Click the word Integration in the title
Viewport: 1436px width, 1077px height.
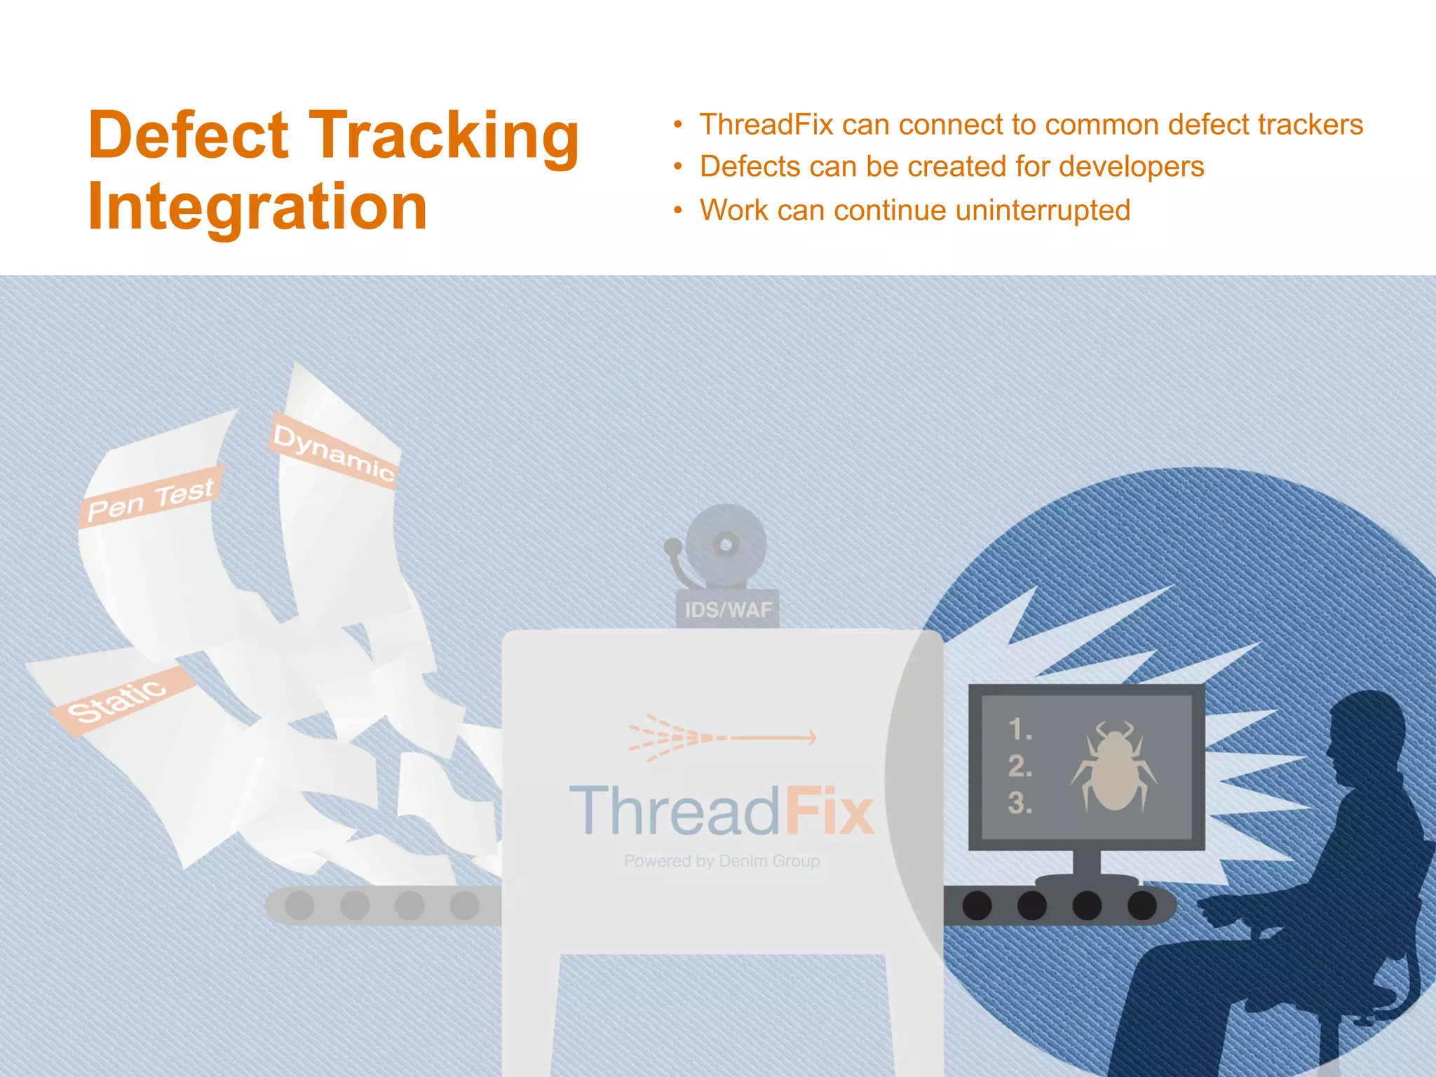pyautogui.click(x=257, y=207)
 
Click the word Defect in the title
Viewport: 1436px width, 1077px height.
pyautogui.click(x=188, y=135)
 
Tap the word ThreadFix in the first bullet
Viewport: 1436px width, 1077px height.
pyautogui.click(x=766, y=125)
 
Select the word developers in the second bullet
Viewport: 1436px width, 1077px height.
pyautogui.click(x=1131, y=167)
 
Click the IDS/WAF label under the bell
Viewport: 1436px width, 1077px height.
pyautogui.click(x=728, y=609)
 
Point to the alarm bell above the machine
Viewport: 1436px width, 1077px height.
pyautogui.click(x=725, y=545)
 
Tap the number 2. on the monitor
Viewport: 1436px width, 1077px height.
pyautogui.click(x=1020, y=766)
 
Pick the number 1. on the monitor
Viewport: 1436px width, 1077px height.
pyautogui.click(x=1020, y=730)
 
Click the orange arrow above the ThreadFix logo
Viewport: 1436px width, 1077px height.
pyautogui.click(x=722, y=738)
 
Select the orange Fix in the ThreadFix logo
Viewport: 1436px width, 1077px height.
pyautogui.click(x=829, y=811)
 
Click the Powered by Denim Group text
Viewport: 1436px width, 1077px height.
pyautogui.click(x=722, y=860)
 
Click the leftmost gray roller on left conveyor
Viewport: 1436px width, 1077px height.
pyautogui.click(x=300, y=905)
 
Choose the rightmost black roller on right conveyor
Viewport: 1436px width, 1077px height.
pyautogui.click(x=1142, y=905)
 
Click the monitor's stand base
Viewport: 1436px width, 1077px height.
pyautogui.click(x=1086, y=880)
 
